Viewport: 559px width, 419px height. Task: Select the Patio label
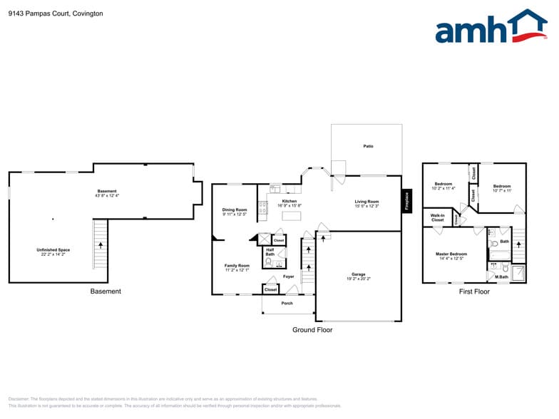tap(369, 146)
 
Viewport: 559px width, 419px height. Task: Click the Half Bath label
tap(270, 252)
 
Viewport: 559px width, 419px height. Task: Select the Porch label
tap(287, 303)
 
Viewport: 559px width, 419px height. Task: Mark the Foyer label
tap(288, 276)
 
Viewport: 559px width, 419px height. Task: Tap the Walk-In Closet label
tap(438, 217)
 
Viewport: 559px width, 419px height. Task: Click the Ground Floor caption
tap(312, 330)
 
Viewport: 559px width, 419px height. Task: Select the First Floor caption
tap(474, 291)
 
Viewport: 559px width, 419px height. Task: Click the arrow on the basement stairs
tap(101, 244)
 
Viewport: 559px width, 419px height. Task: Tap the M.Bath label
tap(502, 276)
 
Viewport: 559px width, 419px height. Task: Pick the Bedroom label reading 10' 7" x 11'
tap(502, 188)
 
